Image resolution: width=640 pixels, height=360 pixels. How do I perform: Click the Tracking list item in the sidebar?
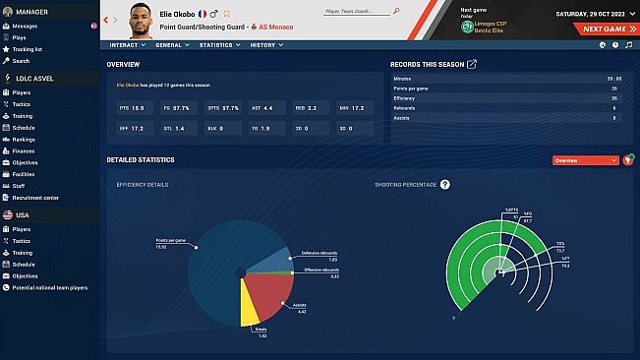[29, 48]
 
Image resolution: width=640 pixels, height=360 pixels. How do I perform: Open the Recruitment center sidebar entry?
[35, 198]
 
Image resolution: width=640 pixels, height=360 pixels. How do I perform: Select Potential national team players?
[49, 288]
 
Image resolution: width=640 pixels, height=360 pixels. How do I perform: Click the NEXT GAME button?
[602, 30]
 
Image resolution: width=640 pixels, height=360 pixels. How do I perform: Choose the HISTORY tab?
[265, 45]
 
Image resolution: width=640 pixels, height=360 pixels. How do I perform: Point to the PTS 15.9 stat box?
[131, 107]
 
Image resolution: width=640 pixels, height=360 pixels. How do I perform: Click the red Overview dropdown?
[585, 159]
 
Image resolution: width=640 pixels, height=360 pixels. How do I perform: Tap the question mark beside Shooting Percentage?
[445, 184]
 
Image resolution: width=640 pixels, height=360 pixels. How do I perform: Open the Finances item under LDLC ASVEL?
[23, 152]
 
